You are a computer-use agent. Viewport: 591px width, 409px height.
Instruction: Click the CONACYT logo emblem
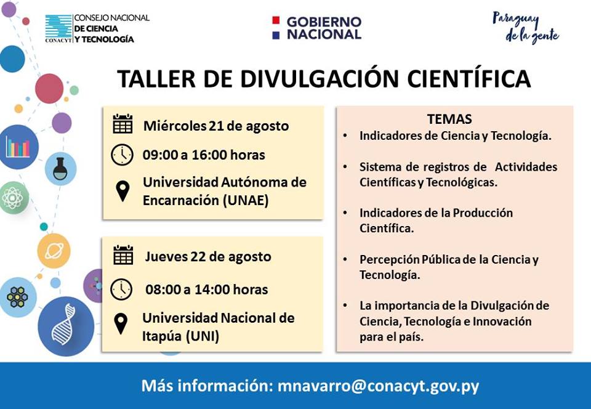[x=58, y=28]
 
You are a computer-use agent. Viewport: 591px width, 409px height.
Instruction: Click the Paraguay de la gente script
[x=526, y=28]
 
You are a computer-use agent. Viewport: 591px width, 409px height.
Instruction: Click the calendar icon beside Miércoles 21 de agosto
[x=123, y=124]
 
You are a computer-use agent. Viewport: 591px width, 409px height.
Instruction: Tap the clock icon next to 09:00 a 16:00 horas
[x=122, y=155]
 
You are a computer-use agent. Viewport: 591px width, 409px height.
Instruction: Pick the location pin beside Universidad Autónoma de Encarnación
[x=123, y=191]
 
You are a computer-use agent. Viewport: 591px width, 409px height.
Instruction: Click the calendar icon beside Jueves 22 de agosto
[x=123, y=255]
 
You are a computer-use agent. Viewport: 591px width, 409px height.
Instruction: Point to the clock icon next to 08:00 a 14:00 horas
[x=121, y=289]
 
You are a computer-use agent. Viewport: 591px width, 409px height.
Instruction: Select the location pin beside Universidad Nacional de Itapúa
[x=121, y=324]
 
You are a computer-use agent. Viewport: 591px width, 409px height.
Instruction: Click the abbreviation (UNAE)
[x=246, y=200]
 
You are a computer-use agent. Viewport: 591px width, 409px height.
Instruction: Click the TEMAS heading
[x=449, y=119]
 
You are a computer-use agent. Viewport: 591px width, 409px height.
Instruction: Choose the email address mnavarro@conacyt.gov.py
[x=378, y=386]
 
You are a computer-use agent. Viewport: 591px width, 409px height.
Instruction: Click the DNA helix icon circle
[x=66, y=326]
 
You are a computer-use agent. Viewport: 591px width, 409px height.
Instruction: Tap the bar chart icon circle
[x=18, y=147]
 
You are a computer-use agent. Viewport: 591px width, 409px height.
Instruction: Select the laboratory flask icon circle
[x=60, y=169]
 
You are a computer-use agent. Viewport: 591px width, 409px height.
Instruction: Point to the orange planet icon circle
[x=54, y=251]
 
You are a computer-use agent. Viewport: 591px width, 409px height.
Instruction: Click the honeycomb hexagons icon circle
[x=17, y=297]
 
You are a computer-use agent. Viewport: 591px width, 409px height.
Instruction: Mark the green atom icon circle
[x=13, y=198]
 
